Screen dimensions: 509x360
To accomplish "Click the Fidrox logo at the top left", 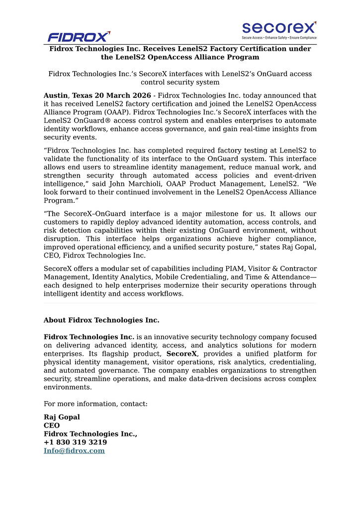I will [x=79, y=36].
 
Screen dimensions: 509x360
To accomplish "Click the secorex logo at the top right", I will [x=279, y=28].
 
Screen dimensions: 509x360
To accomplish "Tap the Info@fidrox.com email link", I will [x=74, y=451].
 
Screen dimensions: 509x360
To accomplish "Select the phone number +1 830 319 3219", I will [x=75, y=442].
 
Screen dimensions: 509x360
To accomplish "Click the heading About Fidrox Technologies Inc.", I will [x=101, y=320].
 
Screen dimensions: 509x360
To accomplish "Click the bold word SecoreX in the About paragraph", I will [x=181, y=354].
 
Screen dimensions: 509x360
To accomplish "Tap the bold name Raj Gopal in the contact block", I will [x=62, y=417].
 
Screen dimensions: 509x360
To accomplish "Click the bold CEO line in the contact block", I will [x=52, y=425].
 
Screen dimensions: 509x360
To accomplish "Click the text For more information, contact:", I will [x=95, y=404].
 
